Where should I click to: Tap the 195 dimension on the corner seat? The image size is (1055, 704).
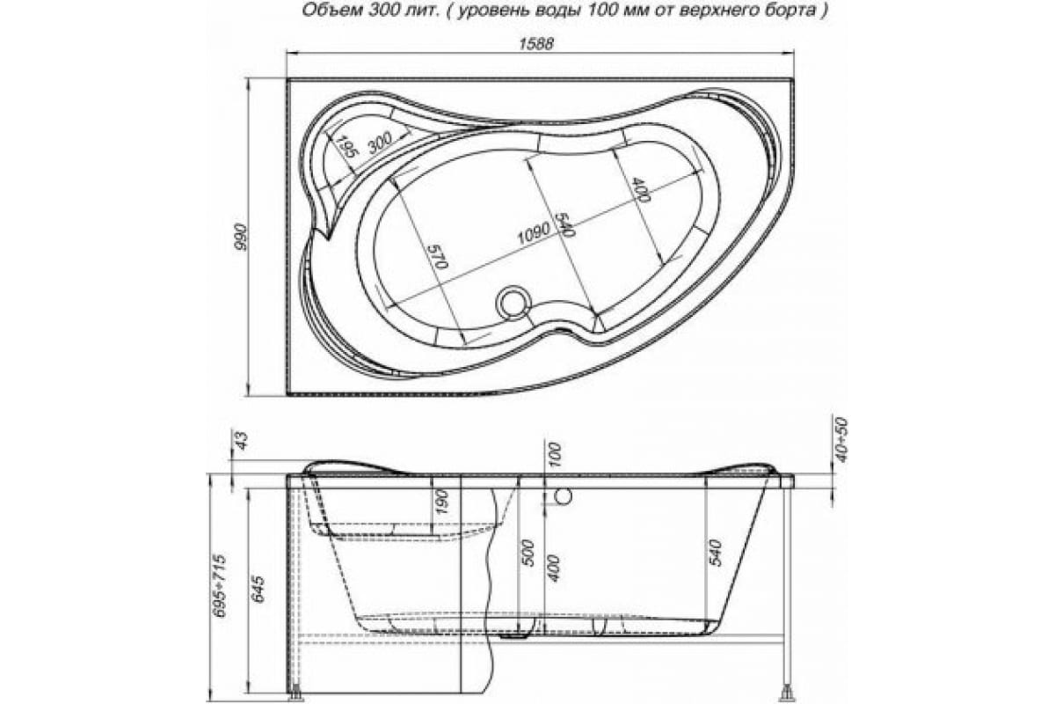(x=346, y=147)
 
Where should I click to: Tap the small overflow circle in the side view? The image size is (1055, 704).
(x=564, y=497)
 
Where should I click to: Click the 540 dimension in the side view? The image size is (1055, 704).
(x=715, y=552)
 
